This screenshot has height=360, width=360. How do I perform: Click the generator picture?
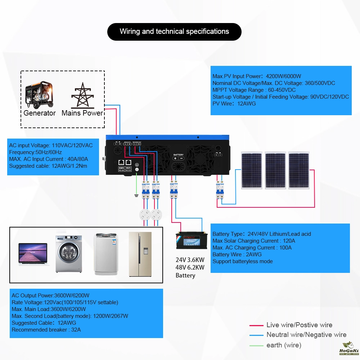pos(39,95)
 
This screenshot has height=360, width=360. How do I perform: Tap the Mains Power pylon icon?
pos(82,95)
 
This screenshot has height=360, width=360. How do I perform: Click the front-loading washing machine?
pos(68,254)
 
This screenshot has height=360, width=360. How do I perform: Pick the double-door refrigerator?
pos(140,254)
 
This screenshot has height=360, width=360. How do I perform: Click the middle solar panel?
pos(275,170)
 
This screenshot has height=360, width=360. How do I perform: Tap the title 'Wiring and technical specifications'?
pos(174,32)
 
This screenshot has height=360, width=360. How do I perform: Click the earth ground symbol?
pos(136,195)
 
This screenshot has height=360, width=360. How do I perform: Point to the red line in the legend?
pos(256,325)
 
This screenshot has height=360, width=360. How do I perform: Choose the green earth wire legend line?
pos(256,346)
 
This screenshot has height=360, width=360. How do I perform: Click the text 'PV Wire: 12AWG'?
pos(234,104)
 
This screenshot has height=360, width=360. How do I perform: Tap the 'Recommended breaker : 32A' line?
pos(46,330)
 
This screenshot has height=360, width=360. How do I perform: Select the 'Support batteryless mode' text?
pos(243,261)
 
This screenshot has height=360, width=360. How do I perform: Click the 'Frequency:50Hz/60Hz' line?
pos(35,152)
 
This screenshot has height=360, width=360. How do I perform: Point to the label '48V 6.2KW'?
pos(190,267)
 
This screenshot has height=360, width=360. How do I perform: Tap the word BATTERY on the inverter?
pos(178,154)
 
